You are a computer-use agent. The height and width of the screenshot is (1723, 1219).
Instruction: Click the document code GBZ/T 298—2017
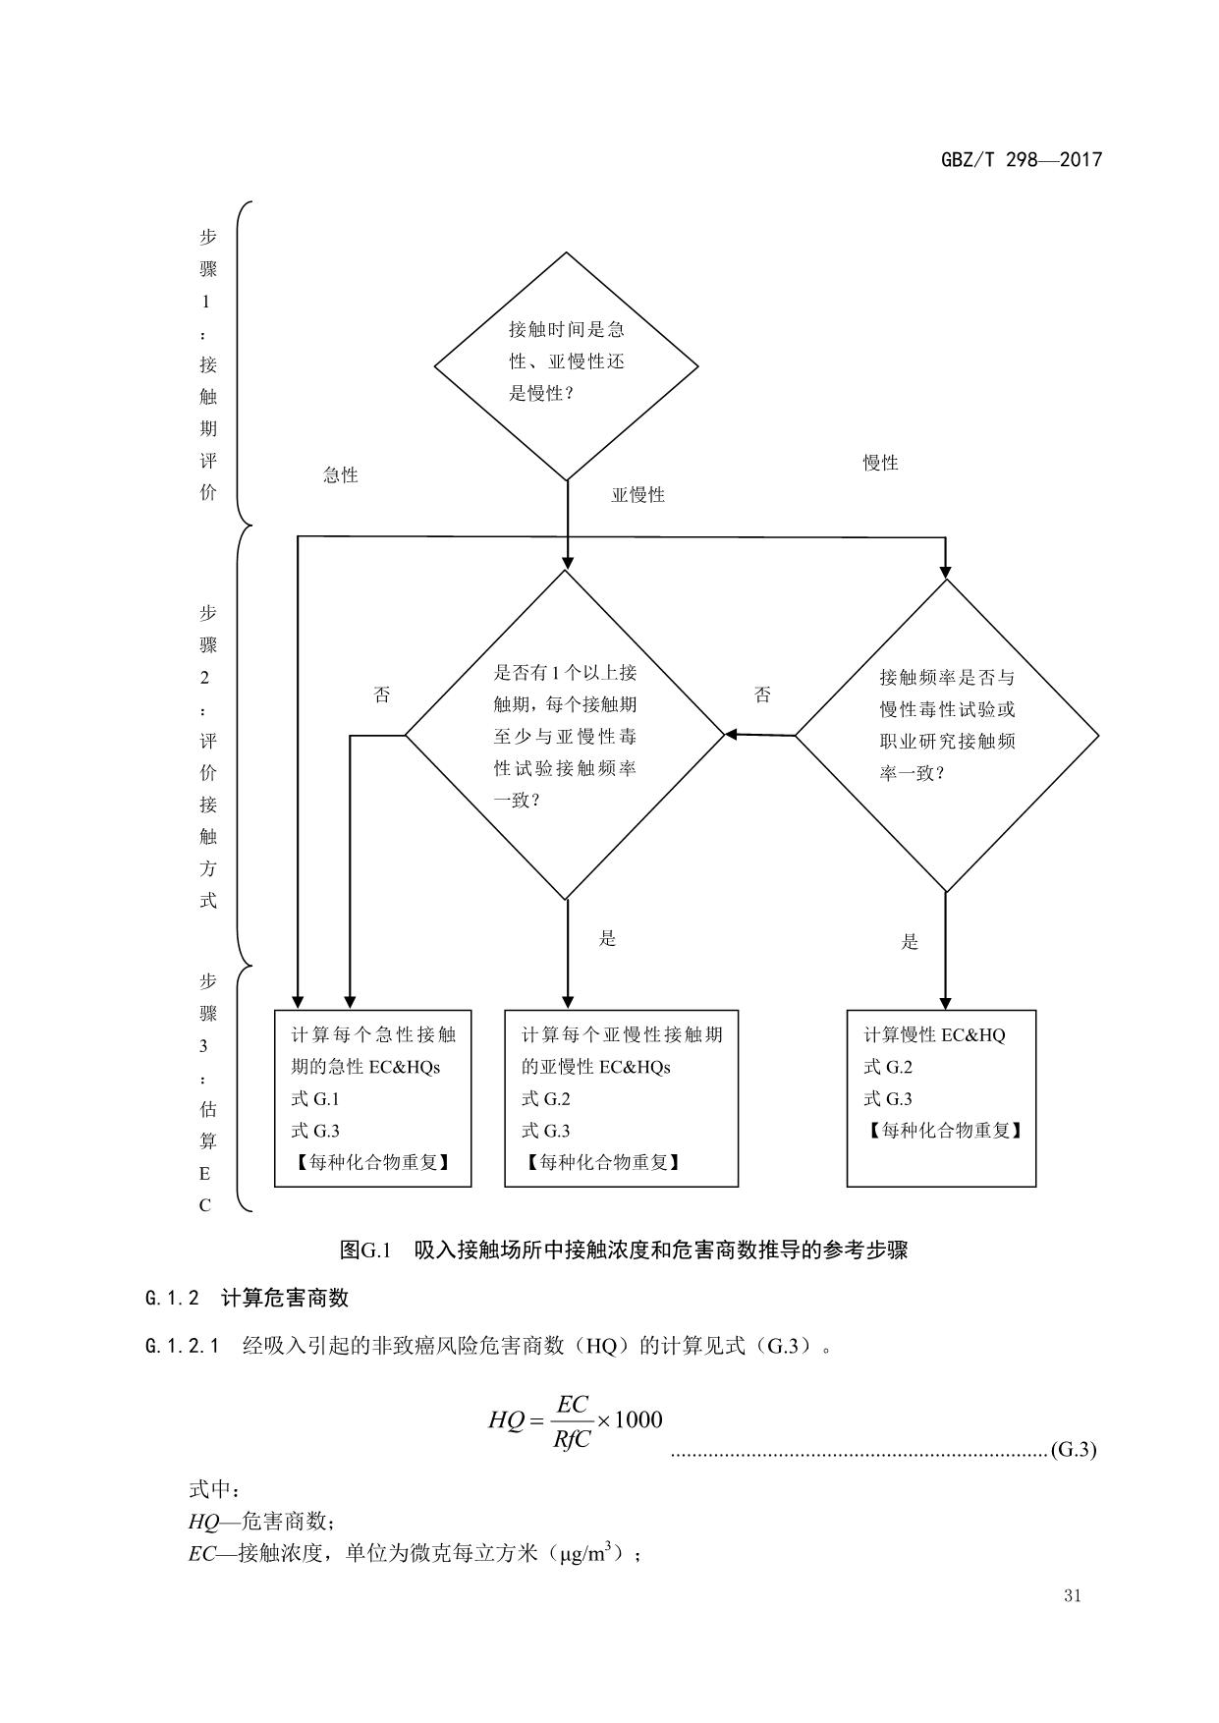point(1022,159)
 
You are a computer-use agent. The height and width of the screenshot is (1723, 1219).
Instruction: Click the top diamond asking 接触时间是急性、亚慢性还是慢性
point(567,365)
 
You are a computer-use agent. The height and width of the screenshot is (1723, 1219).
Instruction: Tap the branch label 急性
point(341,475)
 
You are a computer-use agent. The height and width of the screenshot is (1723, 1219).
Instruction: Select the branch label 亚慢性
point(638,495)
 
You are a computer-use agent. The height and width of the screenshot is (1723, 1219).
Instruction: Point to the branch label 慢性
point(880,463)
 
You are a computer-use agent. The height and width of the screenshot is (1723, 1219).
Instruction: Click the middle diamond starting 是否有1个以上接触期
point(565,735)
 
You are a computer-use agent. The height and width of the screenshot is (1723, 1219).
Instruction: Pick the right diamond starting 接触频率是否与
point(947,735)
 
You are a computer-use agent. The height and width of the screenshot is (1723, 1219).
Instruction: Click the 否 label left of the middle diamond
point(382,695)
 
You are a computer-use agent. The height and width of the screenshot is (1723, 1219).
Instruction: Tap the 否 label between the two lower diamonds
point(762,695)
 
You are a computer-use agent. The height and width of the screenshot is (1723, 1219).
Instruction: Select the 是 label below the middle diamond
point(608,938)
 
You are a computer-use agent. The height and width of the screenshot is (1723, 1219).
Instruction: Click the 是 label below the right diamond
point(910,942)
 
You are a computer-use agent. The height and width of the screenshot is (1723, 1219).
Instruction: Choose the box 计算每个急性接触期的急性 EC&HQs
point(372,1097)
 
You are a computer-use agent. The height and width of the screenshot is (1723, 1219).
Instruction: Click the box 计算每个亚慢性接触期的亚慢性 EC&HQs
point(621,1097)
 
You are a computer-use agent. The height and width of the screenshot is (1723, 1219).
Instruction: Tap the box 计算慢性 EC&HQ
point(941,1097)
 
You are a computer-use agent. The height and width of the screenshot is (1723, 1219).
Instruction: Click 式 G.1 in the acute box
point(315,1099)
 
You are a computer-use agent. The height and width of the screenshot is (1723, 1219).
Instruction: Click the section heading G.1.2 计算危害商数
point(247,1298)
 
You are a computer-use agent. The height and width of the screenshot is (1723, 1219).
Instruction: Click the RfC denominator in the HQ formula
point(571,1440)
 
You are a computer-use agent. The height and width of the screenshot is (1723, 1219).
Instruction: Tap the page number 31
point(1072,1595)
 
